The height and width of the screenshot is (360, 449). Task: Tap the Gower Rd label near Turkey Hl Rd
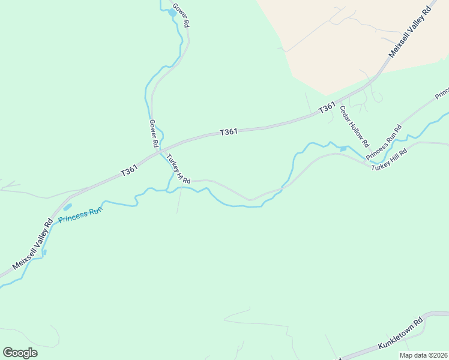pyautogui.click(x=153, y=133)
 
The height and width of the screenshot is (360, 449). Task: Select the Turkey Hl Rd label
pyautogui.click(x=178, y=169)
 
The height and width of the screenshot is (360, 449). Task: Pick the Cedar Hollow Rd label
pyautogui.click(x=354, y=127)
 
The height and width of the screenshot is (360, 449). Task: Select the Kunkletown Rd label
pyautogui.click(x=400, y=334)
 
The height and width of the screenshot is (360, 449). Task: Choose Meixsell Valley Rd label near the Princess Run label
pyautogui.click(x=32, y=245)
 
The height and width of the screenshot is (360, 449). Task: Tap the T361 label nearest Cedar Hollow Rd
pyautogui.click(x=327, y=107)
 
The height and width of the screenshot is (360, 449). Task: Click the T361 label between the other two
pyautogui.click(x=229, y=131)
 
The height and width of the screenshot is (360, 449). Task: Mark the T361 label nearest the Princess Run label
pyautogui.click(x=130, y=171)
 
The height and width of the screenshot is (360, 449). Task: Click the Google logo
pyautogui.click(x=20, y=352)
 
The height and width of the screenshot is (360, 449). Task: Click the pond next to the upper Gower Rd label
pyautogui.click(x=172, y=12)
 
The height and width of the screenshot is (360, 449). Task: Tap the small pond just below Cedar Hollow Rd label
pyautogui.click(x=343, y=148)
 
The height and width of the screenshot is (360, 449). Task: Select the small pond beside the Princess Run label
pyautogui.click(x=67, y=207)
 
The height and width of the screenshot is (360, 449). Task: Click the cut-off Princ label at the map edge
pyautogui.click(x=442, y=94)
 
